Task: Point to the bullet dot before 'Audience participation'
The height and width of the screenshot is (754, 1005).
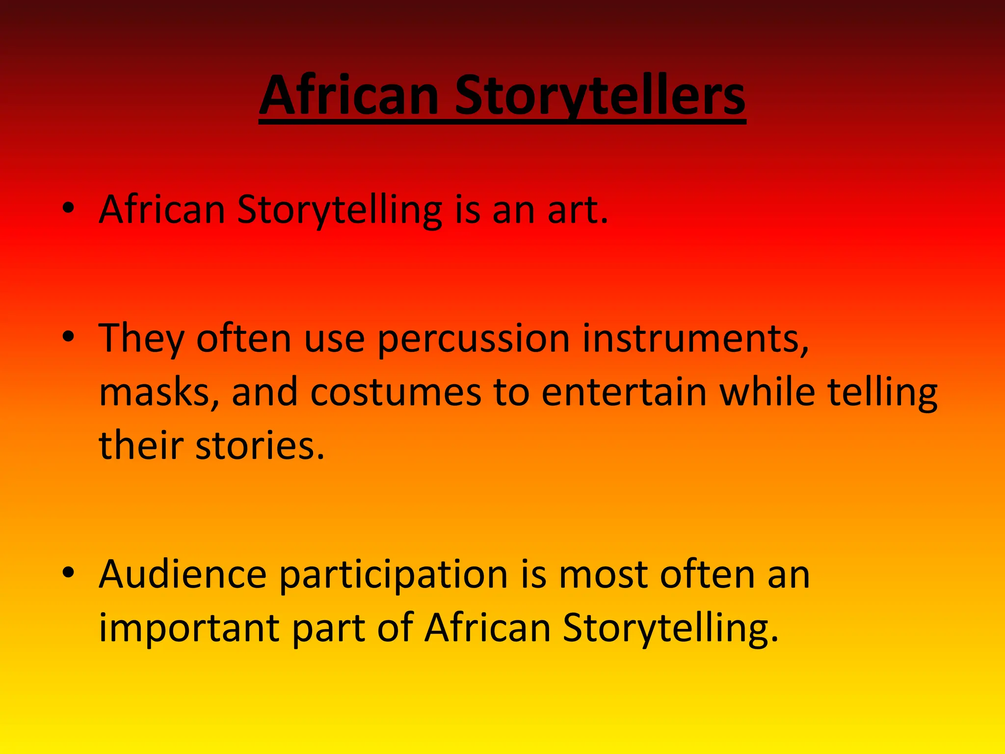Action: [x=68, y=572]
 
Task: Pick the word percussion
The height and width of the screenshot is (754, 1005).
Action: [x=474, y=339]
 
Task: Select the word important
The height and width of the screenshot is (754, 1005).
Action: [x=189, y=629]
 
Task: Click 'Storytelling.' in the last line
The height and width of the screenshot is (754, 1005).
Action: [x=670, y=629]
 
